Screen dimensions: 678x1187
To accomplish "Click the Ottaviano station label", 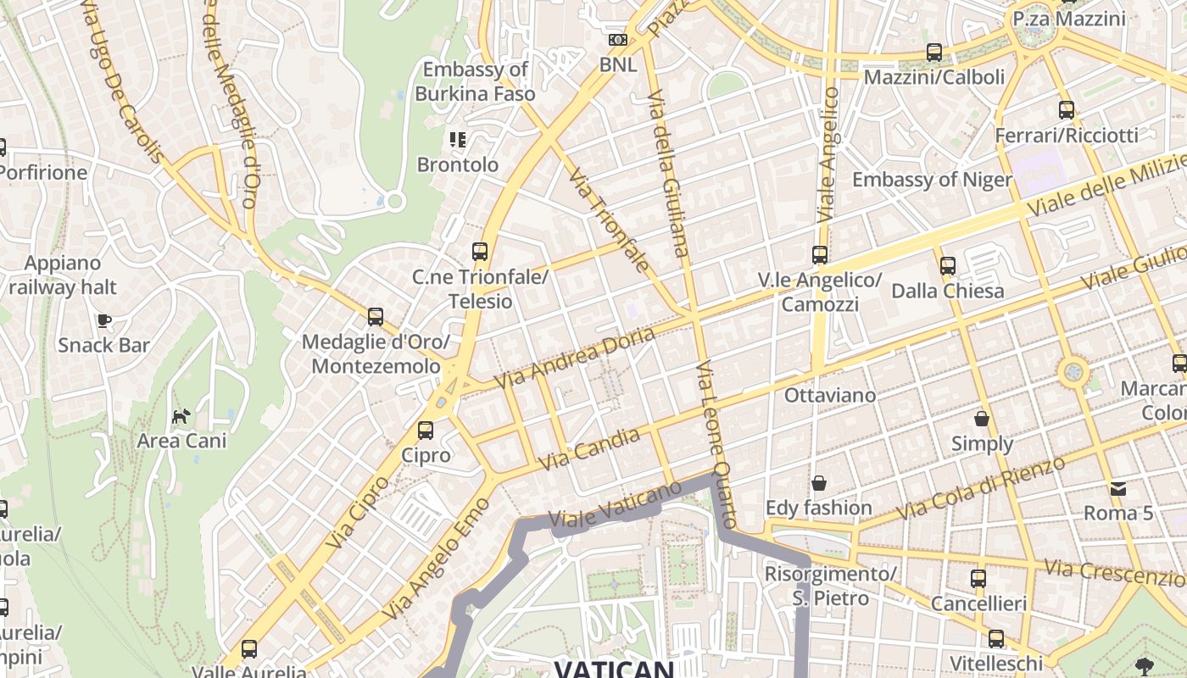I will (x=829, y=395).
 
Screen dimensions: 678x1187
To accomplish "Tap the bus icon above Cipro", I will (x=426, y=431).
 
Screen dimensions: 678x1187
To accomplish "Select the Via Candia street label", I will (x=589, y=450).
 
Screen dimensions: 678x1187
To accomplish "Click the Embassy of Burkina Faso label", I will (x=475, y=81).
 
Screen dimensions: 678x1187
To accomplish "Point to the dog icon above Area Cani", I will (x=181, y=416).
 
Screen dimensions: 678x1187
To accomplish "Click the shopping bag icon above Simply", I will (x=982, y=419).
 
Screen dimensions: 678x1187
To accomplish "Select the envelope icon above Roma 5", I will (x=1118, y=488).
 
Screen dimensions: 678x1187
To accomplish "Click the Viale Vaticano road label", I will (x=615, y=508).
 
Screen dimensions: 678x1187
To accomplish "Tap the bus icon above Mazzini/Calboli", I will (x=933, y=53).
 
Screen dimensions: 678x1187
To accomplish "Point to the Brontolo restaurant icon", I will (x=458, y=140).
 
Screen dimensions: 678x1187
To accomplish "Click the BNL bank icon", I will (x=618, y=40).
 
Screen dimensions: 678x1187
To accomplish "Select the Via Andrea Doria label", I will (x=574, y=358).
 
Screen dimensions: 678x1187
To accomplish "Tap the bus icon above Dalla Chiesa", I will (x=948, y=266).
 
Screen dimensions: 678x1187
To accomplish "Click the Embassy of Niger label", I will (x=932, y=180).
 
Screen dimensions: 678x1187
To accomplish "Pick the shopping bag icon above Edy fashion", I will (x=819, y=483).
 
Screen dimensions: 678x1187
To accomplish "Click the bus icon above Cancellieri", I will (x=978, y=579).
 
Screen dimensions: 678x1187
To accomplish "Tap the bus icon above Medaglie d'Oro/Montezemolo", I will (x=376, y=317).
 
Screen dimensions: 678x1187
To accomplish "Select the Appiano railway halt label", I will (x=63, y=275).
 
